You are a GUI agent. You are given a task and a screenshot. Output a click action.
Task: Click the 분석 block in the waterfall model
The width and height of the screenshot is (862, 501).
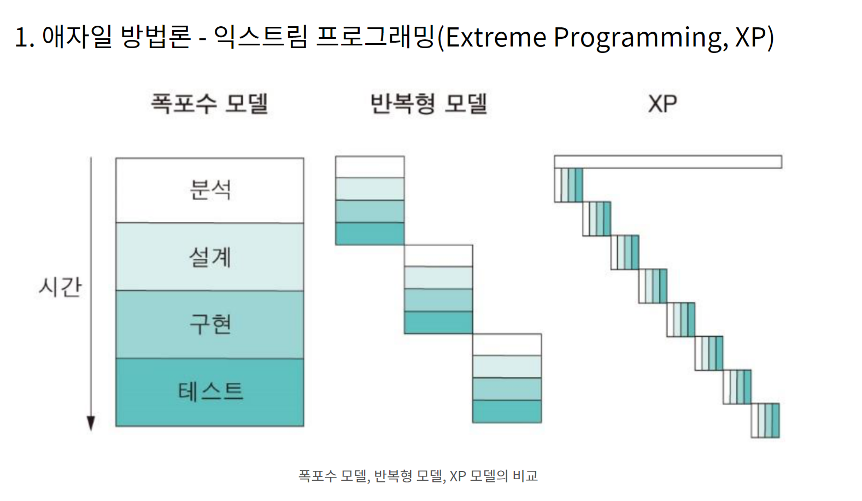pos(210,190)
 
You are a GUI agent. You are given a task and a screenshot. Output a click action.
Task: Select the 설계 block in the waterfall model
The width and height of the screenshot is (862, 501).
pos(210,257)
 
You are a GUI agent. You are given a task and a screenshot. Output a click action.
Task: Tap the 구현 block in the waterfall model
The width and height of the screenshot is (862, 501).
pos(210,325)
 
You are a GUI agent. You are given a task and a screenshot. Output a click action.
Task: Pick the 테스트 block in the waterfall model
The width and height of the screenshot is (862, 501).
pos(210,392)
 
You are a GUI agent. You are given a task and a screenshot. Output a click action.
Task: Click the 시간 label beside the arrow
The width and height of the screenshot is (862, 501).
pos(60,287)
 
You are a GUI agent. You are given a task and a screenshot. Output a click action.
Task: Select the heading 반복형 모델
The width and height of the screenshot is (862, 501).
pos(429,103)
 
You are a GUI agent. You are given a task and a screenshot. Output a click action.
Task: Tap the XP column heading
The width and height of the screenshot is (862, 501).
pos(662,103)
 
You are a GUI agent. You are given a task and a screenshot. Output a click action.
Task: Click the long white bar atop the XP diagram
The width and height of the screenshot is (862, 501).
pos(668,162)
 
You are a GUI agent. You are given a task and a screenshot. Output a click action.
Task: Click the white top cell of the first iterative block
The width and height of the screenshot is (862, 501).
pos(370,167)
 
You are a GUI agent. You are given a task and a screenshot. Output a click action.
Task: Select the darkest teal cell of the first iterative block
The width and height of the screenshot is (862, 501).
pos(370,234)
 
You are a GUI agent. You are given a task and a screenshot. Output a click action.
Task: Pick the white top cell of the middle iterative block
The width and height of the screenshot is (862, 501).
pos(438,256)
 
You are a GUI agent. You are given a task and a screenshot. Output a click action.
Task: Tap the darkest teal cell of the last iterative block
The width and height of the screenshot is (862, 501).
pos(507,412)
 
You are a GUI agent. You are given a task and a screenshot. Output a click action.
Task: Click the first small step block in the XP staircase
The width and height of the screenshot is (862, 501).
pos(568,185)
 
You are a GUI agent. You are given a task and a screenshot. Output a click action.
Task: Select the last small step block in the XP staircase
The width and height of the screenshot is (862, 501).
pos(765,421)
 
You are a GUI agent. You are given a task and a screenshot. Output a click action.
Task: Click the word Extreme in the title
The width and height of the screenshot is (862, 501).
pos(496,37)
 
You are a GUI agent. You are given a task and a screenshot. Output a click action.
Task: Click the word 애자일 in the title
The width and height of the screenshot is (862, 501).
pos(77,37)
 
